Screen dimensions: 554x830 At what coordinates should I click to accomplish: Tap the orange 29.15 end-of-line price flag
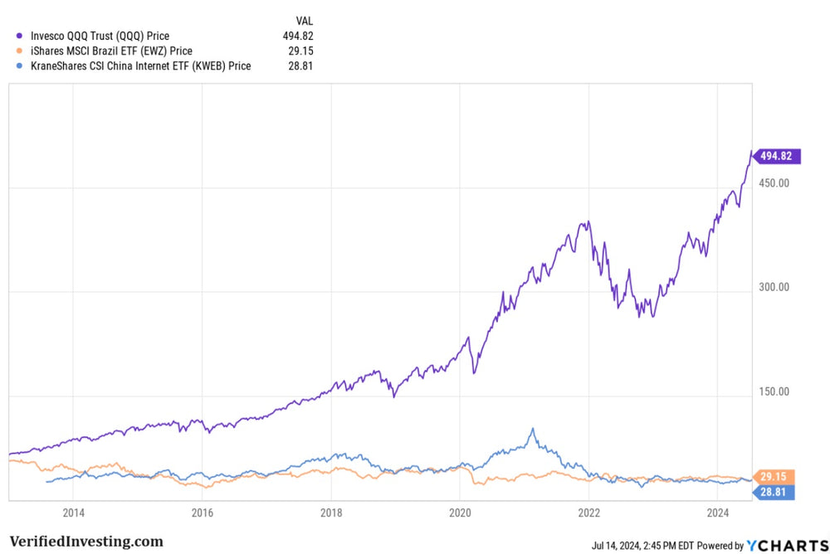pos(774,477)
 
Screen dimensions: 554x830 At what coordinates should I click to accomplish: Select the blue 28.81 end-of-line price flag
pos(774,493)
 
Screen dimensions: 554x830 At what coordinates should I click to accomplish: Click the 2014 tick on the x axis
pos(74,512)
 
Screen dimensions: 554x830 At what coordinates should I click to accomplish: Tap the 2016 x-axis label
pos(203,512)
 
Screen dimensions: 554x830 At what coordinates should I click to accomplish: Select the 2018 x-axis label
pos(331,512)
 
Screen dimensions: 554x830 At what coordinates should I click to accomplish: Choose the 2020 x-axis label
pos(460,512)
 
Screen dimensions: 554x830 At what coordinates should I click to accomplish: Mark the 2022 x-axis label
pos(588,512)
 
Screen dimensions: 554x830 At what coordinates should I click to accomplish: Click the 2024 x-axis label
pos(717,512)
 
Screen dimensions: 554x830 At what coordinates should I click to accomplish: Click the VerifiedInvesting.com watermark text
pos(86,542)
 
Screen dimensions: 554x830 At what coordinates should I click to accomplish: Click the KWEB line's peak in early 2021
pos(533,429)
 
